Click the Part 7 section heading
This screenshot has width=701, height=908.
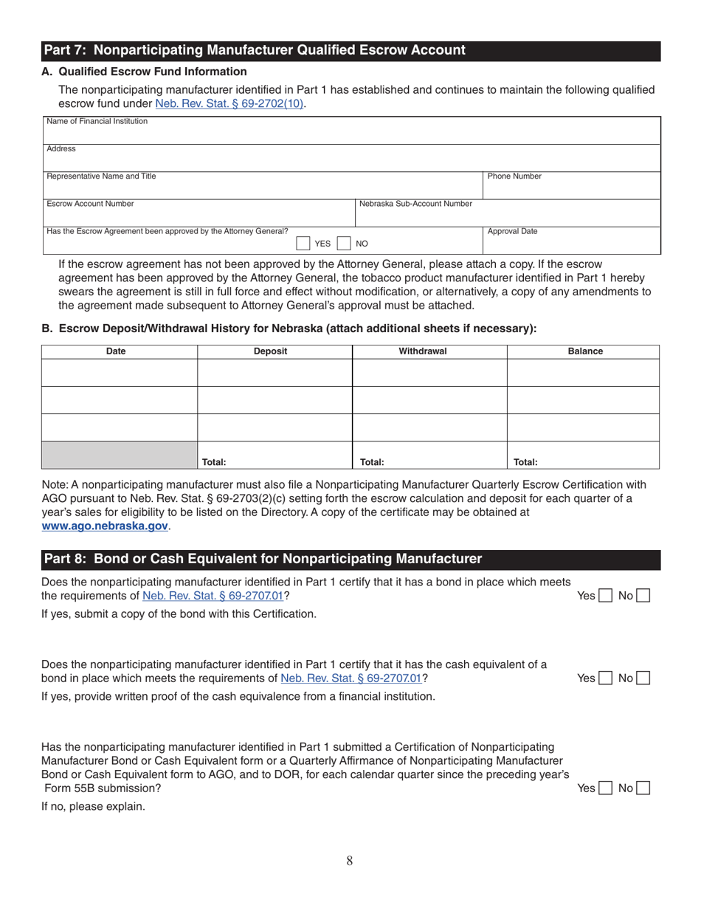click(255, 50)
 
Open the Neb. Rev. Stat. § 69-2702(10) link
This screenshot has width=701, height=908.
click(229, 104)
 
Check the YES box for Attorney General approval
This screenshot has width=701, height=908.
click(303, 244)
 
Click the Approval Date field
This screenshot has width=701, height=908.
click(571, 241)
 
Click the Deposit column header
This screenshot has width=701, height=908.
click(270, 351)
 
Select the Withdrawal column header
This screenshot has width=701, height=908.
click(423, 351)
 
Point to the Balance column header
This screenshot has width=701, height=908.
click(585, 351)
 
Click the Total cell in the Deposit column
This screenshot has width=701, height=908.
click(274, 455)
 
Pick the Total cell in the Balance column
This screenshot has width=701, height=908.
click(583, 455)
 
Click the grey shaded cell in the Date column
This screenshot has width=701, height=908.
click(119, 455)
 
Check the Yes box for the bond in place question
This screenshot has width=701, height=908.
click(605, 596)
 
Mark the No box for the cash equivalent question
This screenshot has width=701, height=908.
click(643, 678)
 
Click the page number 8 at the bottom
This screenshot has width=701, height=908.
click(350, 860)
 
